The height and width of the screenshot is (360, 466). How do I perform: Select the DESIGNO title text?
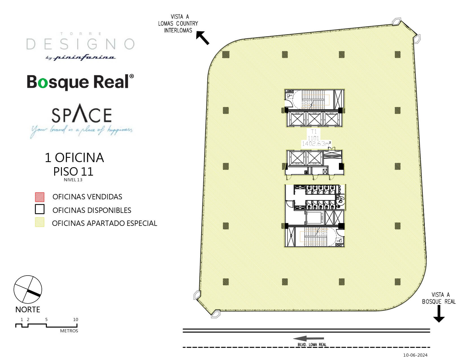point(80,44)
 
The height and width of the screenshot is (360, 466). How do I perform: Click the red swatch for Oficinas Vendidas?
point(40,197)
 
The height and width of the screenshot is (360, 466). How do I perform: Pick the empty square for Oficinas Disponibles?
point(40,209)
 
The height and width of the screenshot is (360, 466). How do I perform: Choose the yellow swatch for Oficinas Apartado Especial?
point(40,222)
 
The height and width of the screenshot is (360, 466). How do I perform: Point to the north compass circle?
point(28,289)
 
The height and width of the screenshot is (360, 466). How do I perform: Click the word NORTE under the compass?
point(28,309)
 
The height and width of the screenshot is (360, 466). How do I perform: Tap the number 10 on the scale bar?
point(75,320)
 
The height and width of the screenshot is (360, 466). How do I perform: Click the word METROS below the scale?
point(69,331)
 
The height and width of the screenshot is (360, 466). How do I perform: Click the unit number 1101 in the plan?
point(313,138)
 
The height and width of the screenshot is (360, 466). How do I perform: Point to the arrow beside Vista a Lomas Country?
point(203,38)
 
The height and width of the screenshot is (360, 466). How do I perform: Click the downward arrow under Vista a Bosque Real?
point(439,314)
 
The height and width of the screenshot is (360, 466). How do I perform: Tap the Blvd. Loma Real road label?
point(312,344)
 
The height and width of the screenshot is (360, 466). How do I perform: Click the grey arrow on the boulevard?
point(308,339)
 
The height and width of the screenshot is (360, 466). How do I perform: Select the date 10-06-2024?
point(415,355)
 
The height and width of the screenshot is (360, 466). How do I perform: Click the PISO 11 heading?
point(73,171)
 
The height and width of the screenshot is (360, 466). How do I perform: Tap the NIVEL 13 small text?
point(73,180)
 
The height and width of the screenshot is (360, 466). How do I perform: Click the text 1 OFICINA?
point(74,158)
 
